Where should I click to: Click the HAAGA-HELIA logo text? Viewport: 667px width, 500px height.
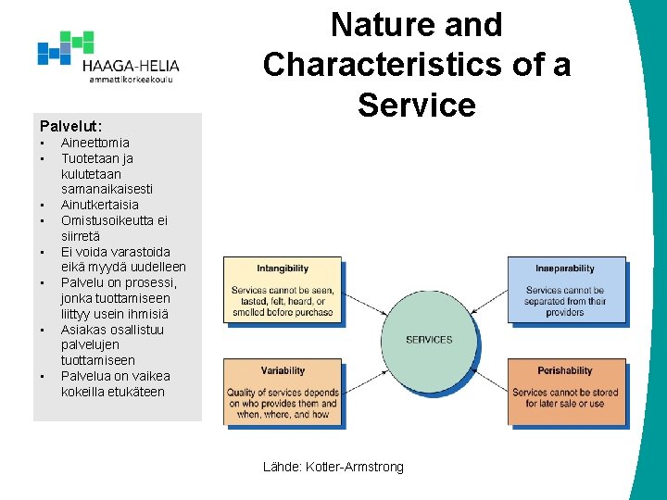(130, 66)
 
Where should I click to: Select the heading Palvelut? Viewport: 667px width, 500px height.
(70, 124)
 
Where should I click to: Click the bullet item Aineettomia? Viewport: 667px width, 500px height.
(94, 143)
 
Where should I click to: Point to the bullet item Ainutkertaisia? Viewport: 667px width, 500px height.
(99, 205)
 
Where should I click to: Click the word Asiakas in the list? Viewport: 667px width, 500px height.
(83, 330)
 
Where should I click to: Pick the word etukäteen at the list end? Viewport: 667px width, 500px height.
(132, 392)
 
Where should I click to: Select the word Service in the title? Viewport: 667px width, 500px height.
(416, 105)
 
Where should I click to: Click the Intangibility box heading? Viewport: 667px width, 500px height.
(283, 269)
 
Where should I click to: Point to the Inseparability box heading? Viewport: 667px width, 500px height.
(564, 269)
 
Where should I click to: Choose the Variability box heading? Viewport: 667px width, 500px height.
(283, 370)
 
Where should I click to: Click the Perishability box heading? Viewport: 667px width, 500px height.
(564, 370)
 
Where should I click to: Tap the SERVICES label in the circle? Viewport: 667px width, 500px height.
(429, 340)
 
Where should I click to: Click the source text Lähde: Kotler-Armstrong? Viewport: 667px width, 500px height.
(333, 467)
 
